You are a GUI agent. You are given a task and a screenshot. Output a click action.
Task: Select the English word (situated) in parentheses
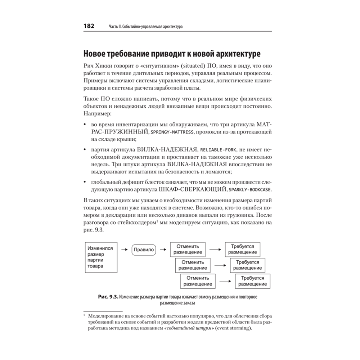pos(196,67)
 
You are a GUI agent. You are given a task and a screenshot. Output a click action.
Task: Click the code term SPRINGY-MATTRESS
pos(172,132)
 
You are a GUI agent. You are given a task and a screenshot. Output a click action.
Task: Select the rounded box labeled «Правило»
pos(144,249)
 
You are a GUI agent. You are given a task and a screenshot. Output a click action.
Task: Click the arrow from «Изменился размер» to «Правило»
pos(125,249)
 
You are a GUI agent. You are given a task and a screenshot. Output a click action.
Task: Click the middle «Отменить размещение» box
pos(193,265)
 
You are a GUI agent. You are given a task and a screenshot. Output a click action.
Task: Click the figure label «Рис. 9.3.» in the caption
pos(108,297)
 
